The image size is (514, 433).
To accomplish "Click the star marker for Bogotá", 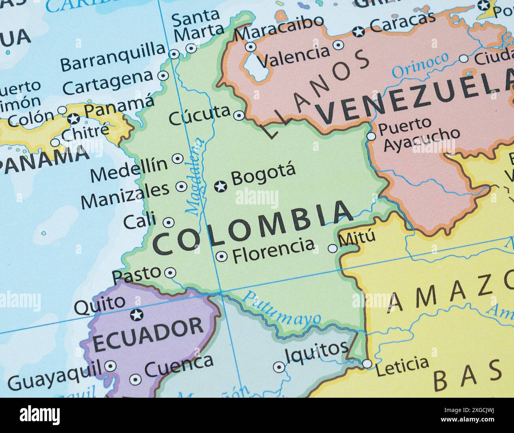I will tap(220, 186).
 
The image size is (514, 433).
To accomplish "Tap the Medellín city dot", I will tap(178, 159).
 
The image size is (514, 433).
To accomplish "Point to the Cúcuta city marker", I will tap(239, 116).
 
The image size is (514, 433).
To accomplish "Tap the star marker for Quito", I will tap(137, 315).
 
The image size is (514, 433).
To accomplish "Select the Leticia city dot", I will tap(367, 363).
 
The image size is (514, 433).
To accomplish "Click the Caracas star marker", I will tap(359, 32).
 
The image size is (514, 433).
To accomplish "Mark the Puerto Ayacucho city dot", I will tap(371, 136).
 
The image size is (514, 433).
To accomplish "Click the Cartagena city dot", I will tap(163, 76).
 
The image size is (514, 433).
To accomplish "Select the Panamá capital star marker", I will tap(73, 118).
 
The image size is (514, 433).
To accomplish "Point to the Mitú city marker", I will tap(333, 248).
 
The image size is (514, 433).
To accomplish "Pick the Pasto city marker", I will tap(170, 273).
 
